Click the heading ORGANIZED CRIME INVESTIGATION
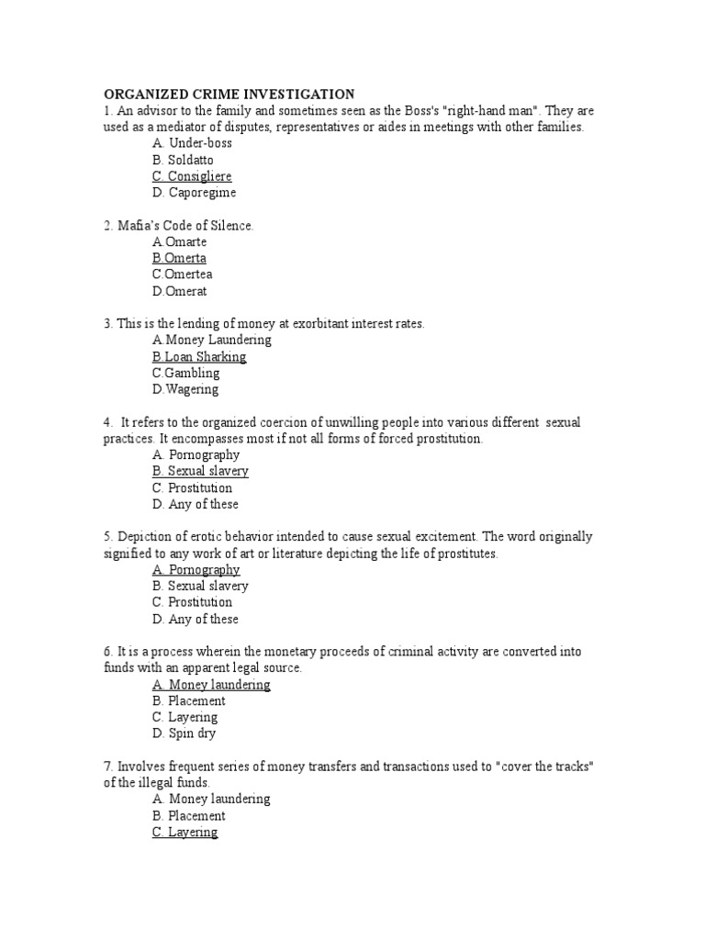coord(229,94)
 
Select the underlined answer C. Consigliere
coord(192,176)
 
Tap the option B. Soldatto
coord(184,160)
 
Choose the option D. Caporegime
coord(195,193)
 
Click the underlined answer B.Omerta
coord(179,258)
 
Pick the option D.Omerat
coord(180,291)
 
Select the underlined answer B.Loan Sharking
coord(199,356)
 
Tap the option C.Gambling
coord(186,373)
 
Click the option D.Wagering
coord(185,389)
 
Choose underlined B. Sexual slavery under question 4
coord(200,471)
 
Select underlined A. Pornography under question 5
coord(196,569)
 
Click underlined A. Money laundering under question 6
coord(211,684)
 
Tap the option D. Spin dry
coord(185,733)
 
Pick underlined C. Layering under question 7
coord(185,832)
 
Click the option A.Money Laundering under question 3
coord(212,340)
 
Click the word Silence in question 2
coord(229,225)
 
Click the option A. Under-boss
coord(193,143)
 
